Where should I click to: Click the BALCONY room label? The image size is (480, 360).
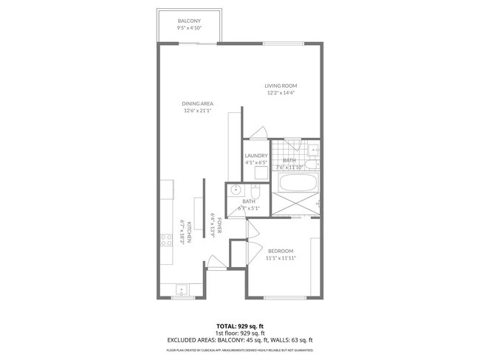tap(190, 21)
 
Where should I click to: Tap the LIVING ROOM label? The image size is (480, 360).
tap(281, 86)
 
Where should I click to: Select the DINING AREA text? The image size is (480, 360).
tap(197, 104)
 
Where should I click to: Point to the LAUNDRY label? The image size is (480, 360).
tap(256, 156)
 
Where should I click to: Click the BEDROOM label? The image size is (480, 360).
tap(280, 251)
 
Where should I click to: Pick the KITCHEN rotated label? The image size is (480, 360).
tap(189, 232)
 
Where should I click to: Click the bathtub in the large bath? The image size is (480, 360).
tap(295, 181)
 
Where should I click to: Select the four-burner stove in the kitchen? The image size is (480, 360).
tap(166, 239)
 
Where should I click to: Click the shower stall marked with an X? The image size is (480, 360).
tap(295, 204)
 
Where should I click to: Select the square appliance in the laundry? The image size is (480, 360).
tap(261, 173)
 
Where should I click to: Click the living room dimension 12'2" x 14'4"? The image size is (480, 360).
tap(281, 93)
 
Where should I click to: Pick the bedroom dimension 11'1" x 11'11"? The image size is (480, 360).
tap(280, 258)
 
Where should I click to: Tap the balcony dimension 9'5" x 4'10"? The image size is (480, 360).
tap(190, 27)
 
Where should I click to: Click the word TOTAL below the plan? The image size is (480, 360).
tap(226, 325)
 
